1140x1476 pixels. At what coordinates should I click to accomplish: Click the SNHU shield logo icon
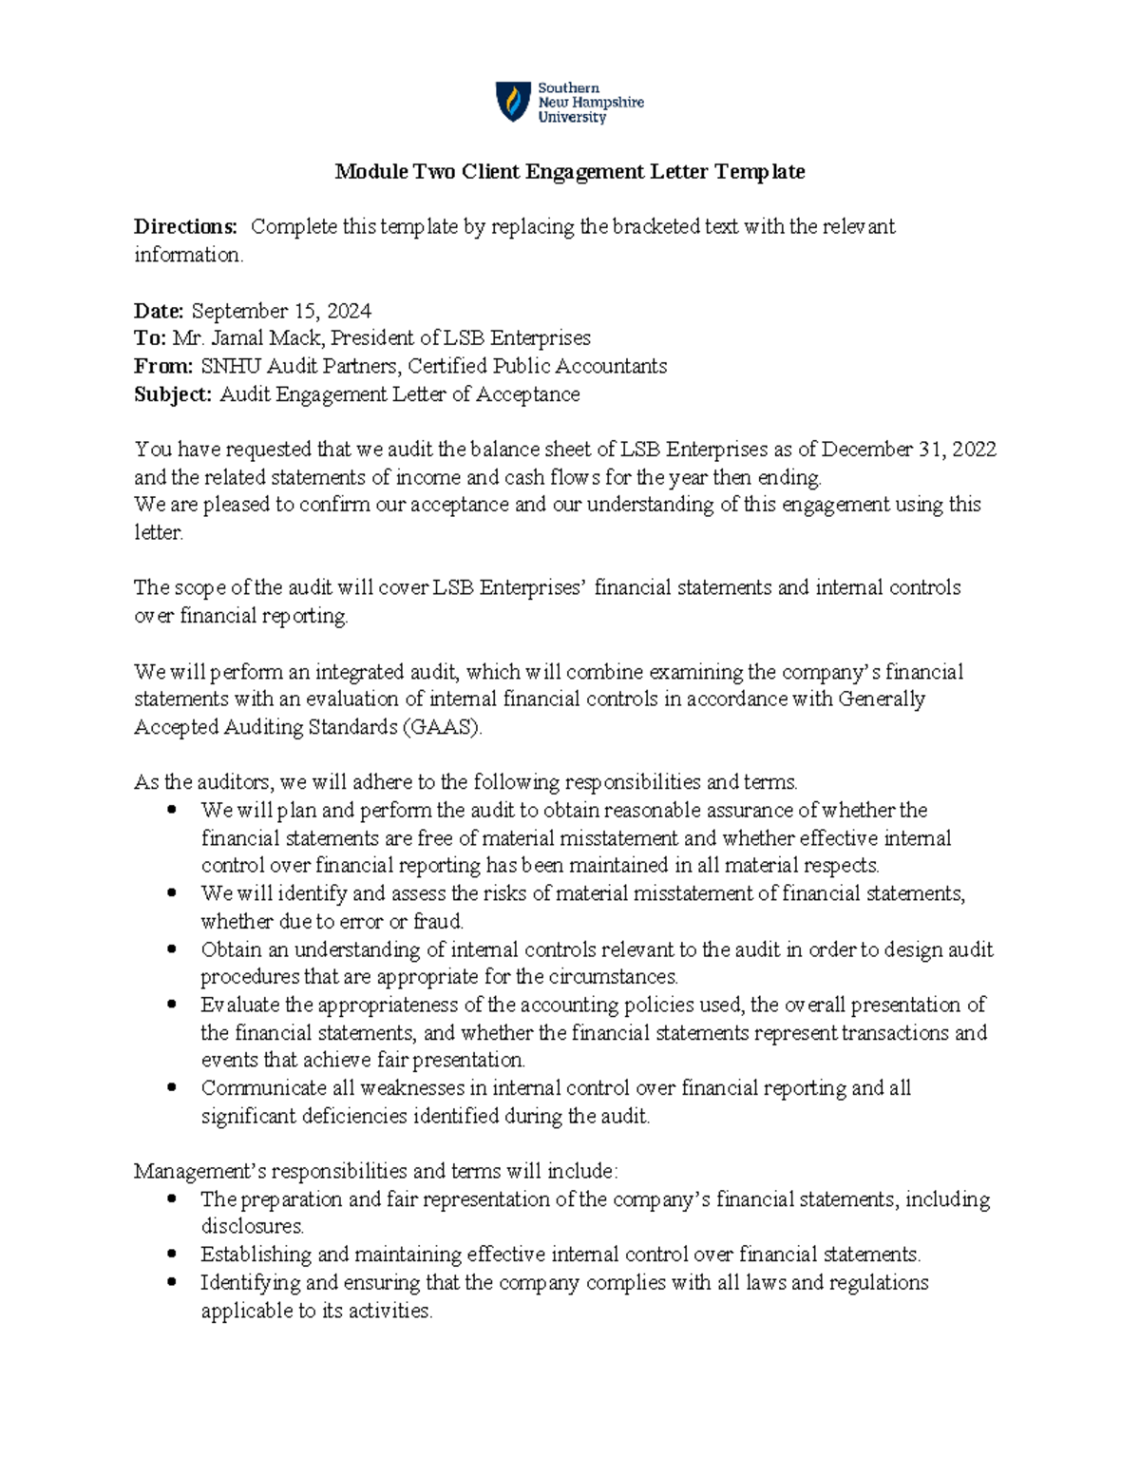[514, 101]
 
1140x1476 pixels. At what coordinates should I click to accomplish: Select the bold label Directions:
[185, 227]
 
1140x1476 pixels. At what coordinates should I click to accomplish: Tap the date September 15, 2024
[281, 311]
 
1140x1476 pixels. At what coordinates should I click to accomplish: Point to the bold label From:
[163, 366]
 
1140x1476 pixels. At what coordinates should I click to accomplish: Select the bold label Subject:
[173, 394]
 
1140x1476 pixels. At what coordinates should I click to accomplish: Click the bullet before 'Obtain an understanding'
[172, 949]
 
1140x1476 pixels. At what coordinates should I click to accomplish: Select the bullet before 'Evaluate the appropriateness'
[172, 1004]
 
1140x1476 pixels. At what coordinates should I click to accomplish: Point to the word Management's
[188, 1172]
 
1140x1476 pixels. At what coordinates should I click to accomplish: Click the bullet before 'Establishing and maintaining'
[172, 1254]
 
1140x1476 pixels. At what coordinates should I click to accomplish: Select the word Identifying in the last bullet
[250, 1283]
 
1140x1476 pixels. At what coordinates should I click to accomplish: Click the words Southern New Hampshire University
[590, 103]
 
